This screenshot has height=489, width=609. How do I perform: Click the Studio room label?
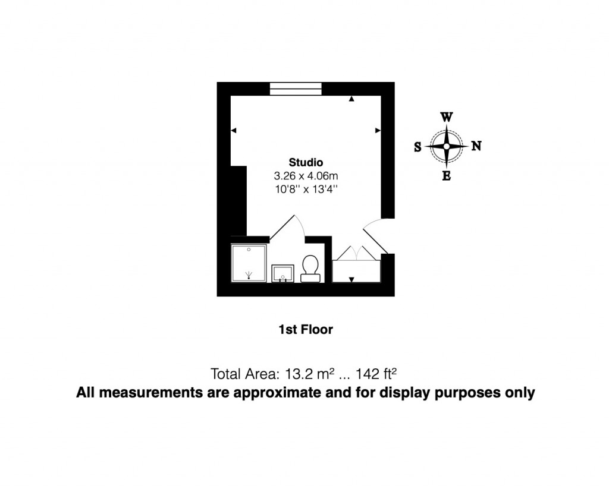(x=306, y=162)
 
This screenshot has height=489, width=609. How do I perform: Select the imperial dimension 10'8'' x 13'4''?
(x=306, y=190)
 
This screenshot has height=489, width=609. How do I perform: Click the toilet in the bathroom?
(x=310, y=268)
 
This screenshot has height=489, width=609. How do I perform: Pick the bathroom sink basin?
(x=282, y=274)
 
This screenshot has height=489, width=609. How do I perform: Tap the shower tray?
(x=249, y=262)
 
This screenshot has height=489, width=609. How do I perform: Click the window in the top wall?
(x=296, y=89)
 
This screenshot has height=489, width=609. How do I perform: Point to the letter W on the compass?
(x=446, y=117)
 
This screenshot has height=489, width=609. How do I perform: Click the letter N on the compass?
(x=476, y=146)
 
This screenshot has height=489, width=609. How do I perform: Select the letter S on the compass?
(x=417, y=147)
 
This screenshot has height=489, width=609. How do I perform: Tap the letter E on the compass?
(x=447, y=176)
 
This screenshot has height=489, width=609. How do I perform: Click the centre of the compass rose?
(x=447, y=146)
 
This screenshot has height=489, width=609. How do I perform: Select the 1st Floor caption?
(x=306, y=329)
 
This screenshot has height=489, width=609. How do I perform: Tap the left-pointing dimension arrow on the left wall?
(x=234, y=131)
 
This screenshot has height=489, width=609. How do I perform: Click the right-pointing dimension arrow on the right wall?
(x=378, y=130)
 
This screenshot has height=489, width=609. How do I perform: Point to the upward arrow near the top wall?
(x=351, y=99)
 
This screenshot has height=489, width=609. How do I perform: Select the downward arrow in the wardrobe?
(x=351, y=279)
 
